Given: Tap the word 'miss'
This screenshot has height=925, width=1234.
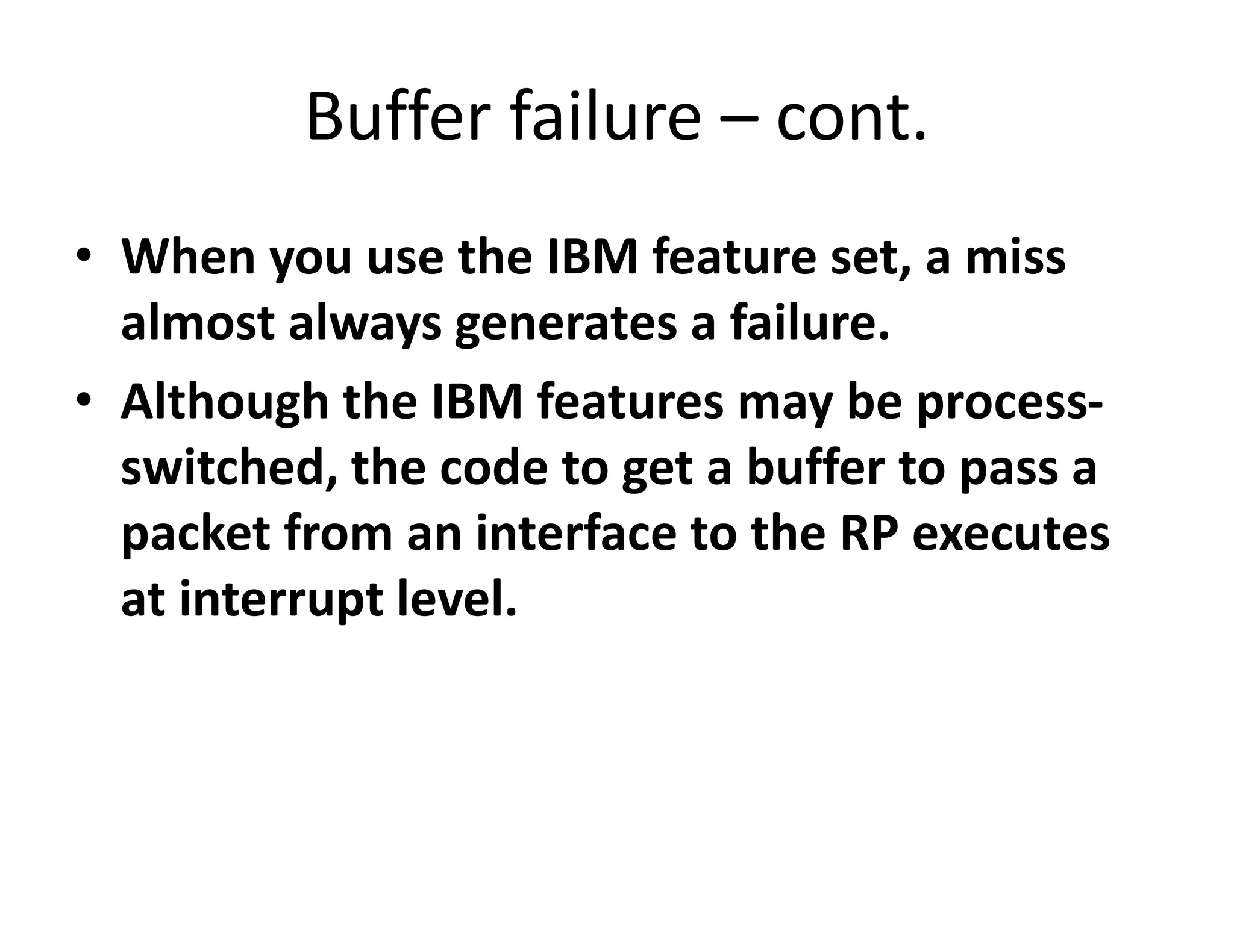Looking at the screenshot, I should (x=1015, y=257).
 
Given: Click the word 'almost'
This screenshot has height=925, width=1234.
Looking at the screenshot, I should (x=198, y=322).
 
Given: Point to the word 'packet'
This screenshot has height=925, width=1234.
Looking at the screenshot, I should (x=196, y=534).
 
